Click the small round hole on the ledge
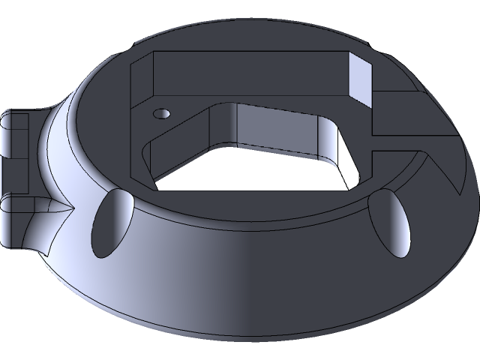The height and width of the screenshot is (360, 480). [x=160, y=113]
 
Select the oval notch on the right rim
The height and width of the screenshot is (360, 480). [x=393, y=220]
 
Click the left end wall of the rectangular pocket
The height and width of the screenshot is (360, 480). [x=142, y=82]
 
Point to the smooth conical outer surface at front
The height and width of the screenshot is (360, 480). [x=247, y=277]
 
